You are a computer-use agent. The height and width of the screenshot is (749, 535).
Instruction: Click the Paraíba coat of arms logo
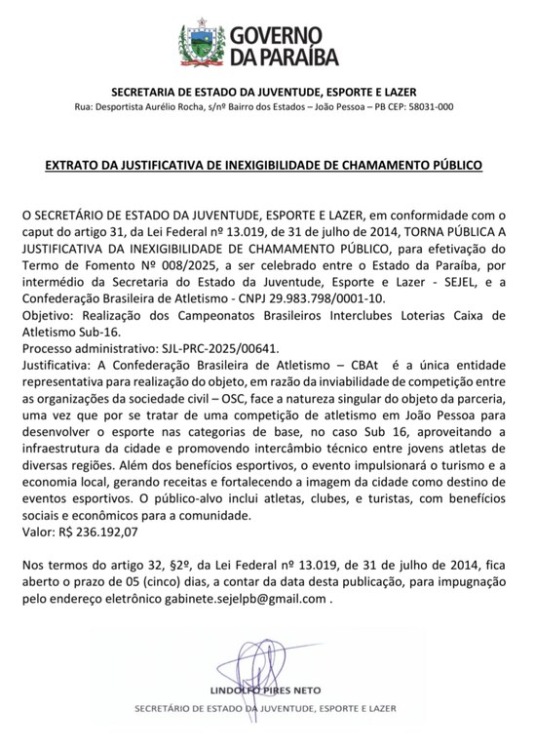click(199, 40)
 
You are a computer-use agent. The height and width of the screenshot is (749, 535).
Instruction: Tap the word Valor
click(38, 532)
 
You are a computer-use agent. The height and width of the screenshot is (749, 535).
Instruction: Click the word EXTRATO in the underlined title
click(77, 166)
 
